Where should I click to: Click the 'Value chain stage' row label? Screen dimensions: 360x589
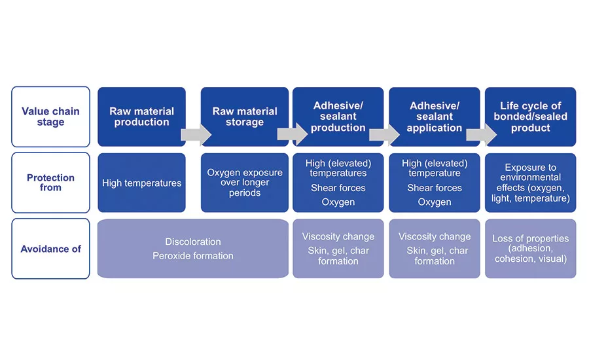coord(50,117)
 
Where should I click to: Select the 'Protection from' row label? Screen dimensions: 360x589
coord(50,183)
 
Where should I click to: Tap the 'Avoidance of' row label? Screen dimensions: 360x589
coord(50,249)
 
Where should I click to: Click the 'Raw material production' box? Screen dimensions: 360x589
coord(141,117)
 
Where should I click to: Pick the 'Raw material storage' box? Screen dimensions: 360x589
coord(244,117)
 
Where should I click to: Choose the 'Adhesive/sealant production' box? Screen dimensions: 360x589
coord(338,117)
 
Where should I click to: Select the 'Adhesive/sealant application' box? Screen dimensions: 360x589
coord(434,117)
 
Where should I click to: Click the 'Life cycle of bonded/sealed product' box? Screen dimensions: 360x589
coord(530,117)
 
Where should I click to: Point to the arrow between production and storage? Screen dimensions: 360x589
coord(196,135)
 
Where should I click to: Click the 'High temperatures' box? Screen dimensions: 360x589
coord(141,183)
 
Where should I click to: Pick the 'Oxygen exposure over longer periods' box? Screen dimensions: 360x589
coord(244,183)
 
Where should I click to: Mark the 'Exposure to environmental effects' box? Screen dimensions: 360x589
coord(530,183)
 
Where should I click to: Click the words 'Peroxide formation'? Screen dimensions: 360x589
coord(193,256)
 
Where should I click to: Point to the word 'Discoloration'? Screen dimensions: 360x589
coord(193,242)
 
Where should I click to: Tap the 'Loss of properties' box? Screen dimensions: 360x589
coord(530,249)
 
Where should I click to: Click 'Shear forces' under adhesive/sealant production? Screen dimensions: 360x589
coord(338,188)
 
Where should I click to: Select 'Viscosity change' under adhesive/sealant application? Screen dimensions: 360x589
coord(434,236)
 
